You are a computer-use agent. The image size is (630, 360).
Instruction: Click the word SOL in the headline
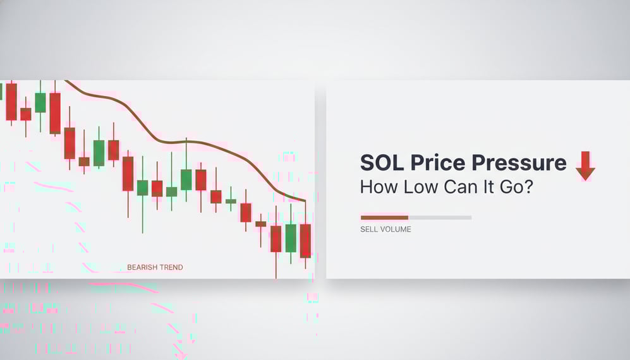pos(382,163)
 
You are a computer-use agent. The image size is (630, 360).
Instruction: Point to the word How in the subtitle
pos(377,187)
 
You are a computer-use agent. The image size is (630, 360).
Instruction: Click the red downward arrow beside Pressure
pos(585,165)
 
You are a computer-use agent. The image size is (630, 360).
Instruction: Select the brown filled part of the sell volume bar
pos(384,217)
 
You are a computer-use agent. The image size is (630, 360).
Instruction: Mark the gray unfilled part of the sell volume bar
pos(440,217)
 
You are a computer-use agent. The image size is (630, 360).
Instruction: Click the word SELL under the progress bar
pos(369,229)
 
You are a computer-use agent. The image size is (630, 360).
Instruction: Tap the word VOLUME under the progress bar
pos(396,229)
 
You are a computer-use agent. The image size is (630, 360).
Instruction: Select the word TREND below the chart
pos(172,267)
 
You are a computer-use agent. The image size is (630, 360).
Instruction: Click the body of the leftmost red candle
pos(11,101)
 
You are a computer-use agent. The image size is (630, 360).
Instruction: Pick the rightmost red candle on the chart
pos(305,241)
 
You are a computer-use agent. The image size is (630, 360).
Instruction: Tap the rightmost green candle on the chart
pos(291,237)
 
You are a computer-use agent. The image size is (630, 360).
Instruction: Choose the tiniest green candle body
pos(231,201)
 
